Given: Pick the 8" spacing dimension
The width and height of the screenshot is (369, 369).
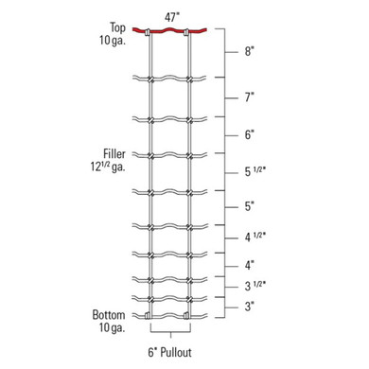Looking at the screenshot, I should coord(250,54).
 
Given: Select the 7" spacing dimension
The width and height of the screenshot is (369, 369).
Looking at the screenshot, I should coord(250,97).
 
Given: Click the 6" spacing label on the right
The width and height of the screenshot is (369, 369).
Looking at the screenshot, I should coord(250,135).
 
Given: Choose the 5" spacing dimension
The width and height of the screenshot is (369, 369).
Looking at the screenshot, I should coord(250,204).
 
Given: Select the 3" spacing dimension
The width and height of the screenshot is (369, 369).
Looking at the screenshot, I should coord(250,305).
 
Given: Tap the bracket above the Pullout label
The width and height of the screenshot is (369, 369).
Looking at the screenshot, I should coord(171,330).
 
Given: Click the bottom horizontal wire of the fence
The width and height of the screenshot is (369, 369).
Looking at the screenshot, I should coord(170,315).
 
